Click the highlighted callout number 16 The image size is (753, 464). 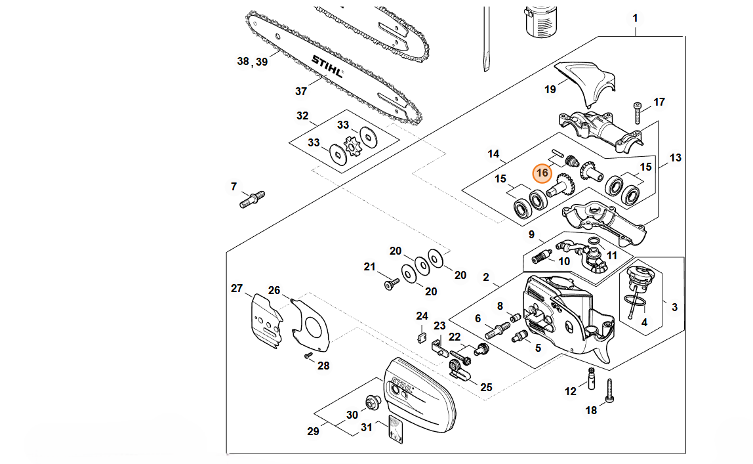click(x=542, y=173)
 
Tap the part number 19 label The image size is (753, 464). click(x=550, y=89)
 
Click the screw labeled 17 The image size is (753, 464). click(x=636, y=113)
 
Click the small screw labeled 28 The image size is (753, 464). click(x=308, y=355)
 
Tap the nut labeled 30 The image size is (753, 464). click(x=371, y=401)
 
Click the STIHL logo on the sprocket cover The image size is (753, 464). click(x=401, y=389)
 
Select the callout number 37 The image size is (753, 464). click(x=301, y=91)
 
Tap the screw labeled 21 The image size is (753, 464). click(x=392, y=284)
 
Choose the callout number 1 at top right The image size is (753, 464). click(x=634, y=18)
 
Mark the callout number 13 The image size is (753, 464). click(x=675, y=158)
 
